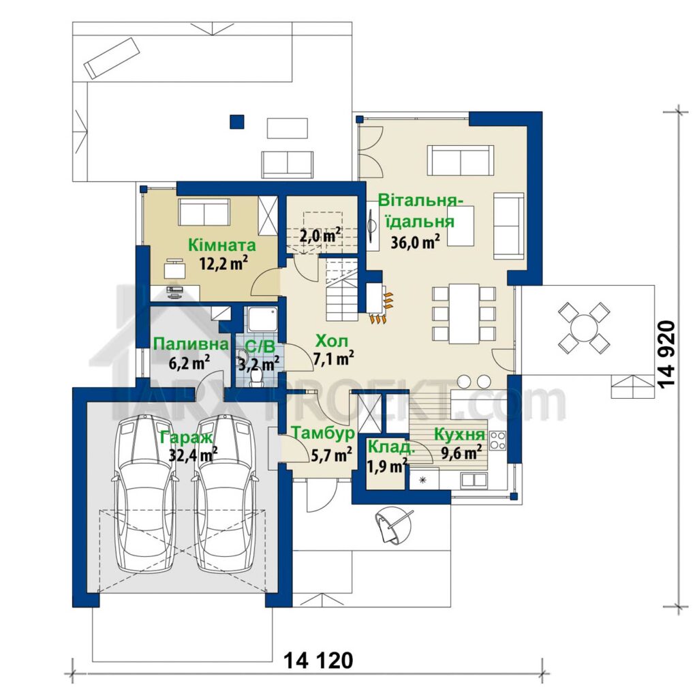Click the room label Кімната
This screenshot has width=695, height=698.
click(222, 245)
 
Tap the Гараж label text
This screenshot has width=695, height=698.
click(187, 438)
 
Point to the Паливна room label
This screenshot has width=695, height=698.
click(191, 344)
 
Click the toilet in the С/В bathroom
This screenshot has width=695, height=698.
click(256, 378)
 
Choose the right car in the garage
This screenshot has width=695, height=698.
click(225, 494)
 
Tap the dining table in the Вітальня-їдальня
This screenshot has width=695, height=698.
click(463, 313)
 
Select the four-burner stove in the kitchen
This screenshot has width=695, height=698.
click(497, 440)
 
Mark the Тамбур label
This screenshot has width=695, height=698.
click(322, 433)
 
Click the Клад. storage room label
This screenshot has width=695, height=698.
click(391, 446)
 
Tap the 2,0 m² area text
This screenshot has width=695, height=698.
click(320, 235)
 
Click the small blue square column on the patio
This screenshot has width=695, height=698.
click(237, 122)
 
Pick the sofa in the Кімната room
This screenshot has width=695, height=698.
click(204, 213)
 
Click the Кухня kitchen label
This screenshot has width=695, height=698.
click(459, 434)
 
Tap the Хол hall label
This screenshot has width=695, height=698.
click(331, 342)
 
